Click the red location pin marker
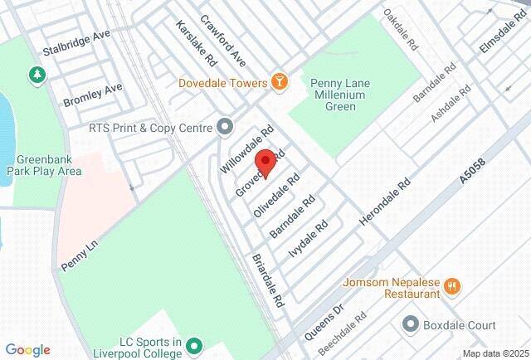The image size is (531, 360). pyautogui.click(x=265, y=162)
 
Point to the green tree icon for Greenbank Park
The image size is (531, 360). pyautogui.click(x=37, y=75)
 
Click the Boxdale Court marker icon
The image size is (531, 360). pyautogui.click(x=410, y=324)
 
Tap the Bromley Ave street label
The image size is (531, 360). pyautogui.click(x=93, y=95)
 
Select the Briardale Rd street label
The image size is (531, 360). pyautogui.click(x=269, y=281)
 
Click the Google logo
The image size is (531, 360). pyautogui.click(x=27, y=350)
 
